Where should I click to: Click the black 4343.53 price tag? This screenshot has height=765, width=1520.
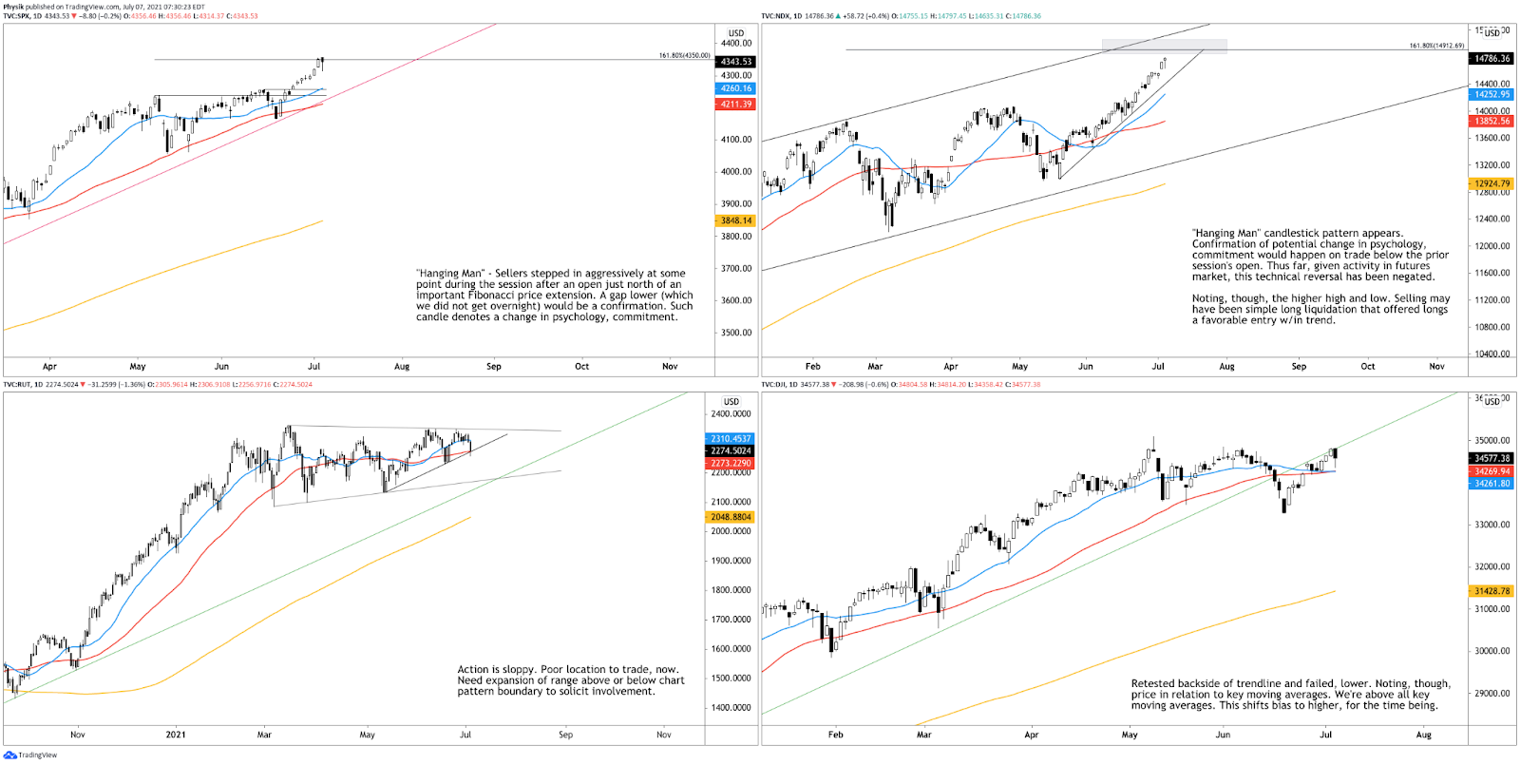(x=736, y=62)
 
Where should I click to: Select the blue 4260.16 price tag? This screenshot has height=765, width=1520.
(x=736, y=88)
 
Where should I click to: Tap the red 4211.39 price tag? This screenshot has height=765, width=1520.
(x=736, y=105)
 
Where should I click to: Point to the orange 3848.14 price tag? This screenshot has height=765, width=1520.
(x=736, y=220)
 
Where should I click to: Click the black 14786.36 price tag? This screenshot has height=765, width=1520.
(x=1491, y=59)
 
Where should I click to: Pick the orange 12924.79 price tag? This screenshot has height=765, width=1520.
(x=1491, y=183)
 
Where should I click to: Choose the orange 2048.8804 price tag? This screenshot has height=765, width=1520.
(x=731, y=517)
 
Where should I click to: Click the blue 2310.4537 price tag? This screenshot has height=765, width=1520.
(x=731, y=439)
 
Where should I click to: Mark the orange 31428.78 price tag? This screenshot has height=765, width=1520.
(x=1491, y=591)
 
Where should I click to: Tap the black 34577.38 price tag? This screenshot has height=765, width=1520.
(x=1491, y=458)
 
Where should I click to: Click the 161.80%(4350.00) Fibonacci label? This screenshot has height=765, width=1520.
(x=684, y=56)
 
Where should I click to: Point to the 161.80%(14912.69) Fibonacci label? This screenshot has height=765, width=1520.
(x=1436, y=46)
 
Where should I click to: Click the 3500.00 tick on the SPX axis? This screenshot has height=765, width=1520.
(x=736, y=333)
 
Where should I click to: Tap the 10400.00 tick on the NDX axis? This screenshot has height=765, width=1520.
(x=1491, y=354)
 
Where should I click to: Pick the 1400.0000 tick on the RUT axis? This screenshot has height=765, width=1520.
(x=731, y=708)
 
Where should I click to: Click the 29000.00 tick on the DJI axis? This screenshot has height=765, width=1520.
(x=1491, y=693)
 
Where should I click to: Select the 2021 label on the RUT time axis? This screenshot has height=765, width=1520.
(x=176, y=735)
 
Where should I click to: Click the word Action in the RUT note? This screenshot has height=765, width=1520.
(x=472, y=670)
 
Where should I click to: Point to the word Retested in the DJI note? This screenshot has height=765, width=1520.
(x=1152, y=684)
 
